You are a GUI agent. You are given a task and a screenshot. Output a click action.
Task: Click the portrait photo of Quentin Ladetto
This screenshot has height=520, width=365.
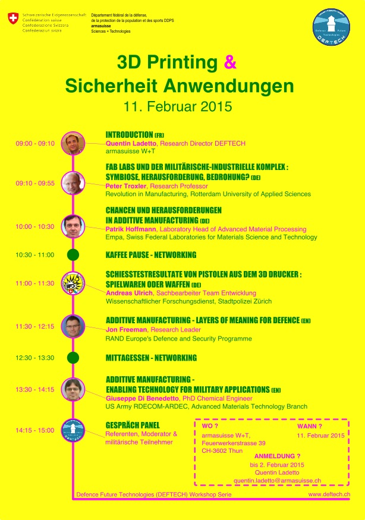click(x=73, y=143)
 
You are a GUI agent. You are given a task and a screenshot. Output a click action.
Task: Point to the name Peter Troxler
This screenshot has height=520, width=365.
click(x=126, y=186)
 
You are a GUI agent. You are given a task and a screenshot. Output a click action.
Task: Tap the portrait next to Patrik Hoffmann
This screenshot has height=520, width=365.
click(x=73, y=226)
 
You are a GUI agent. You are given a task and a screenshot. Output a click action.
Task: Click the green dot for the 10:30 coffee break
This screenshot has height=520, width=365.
click(x=73, y=255)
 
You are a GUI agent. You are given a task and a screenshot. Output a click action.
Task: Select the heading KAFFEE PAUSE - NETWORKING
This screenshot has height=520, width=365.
click(x=150, y=255)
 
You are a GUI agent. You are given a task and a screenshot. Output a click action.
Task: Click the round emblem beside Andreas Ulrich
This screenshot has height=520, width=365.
click(x=73, y=283)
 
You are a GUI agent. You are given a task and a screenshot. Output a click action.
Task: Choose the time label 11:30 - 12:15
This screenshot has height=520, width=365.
click(x=35, y=326)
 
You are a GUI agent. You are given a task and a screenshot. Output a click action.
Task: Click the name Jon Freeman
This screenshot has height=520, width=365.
click(x=124, y=329)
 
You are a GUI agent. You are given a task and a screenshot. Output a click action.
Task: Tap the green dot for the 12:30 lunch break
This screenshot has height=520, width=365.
click(x=73, y=358)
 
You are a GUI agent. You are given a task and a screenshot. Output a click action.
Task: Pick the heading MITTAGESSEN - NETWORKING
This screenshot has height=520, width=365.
click(x=151, y=358)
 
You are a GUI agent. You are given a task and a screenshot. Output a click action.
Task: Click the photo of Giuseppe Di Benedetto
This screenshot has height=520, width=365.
click(x=73, y=389)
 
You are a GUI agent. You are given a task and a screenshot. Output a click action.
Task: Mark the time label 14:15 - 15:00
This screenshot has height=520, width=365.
click(x=35, y=430)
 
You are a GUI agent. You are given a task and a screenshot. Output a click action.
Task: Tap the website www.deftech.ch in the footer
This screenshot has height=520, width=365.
click(x=329, y=494)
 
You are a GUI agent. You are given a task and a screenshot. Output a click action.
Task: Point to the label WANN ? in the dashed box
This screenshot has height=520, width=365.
click(x=310, y=426)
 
